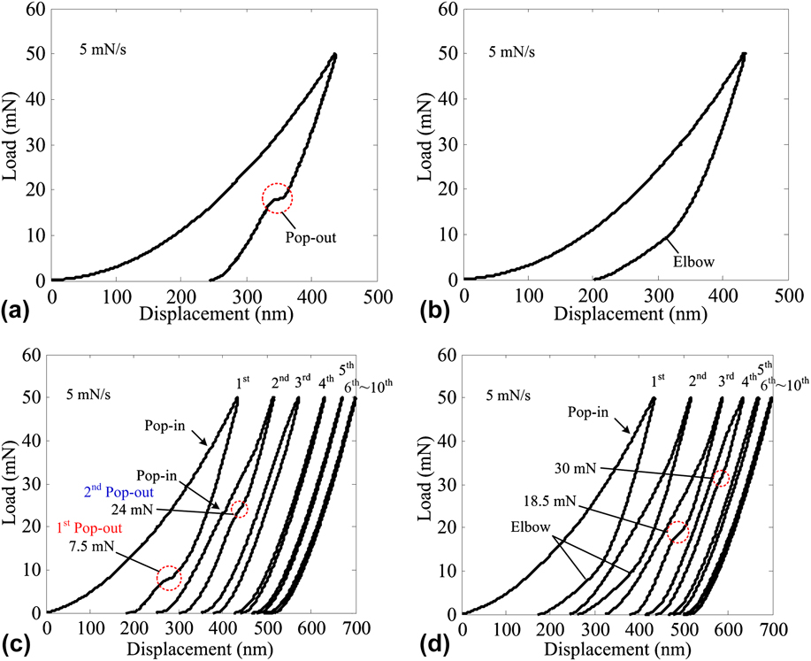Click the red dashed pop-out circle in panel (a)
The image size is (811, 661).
tap(277, 199)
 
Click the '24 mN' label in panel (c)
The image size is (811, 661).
tap(132, 509)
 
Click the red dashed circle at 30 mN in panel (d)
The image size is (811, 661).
tap(722, 479)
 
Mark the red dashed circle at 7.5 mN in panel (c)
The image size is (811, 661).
tap(169, 578)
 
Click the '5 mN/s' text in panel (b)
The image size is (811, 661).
tap(514, 51)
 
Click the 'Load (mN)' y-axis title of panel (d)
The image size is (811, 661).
tap(429, 487)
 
